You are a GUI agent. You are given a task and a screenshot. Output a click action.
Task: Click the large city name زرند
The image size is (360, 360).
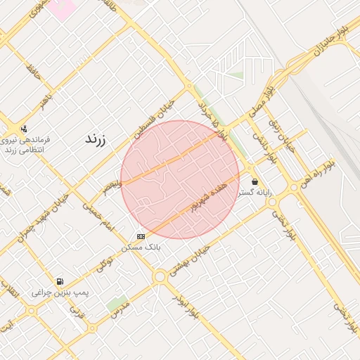coord(94,137)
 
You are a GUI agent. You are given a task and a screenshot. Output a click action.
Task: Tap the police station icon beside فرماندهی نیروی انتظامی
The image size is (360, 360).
coord(25,129)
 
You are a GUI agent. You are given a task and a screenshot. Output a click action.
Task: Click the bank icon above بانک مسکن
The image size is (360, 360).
coord(141,236)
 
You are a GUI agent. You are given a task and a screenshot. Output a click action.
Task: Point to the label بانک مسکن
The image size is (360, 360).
coord(141,247)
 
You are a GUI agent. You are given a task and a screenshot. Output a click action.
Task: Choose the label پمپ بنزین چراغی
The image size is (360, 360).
coord(59,291)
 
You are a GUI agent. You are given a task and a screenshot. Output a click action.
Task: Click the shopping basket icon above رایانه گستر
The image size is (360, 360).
coord(254,181)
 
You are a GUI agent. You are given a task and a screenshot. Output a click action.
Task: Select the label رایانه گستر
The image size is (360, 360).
coord(255,191)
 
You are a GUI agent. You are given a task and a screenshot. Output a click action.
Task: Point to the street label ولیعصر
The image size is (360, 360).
coord(111,185)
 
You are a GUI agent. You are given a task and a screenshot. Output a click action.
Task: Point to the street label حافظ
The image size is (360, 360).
coord(32,71)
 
